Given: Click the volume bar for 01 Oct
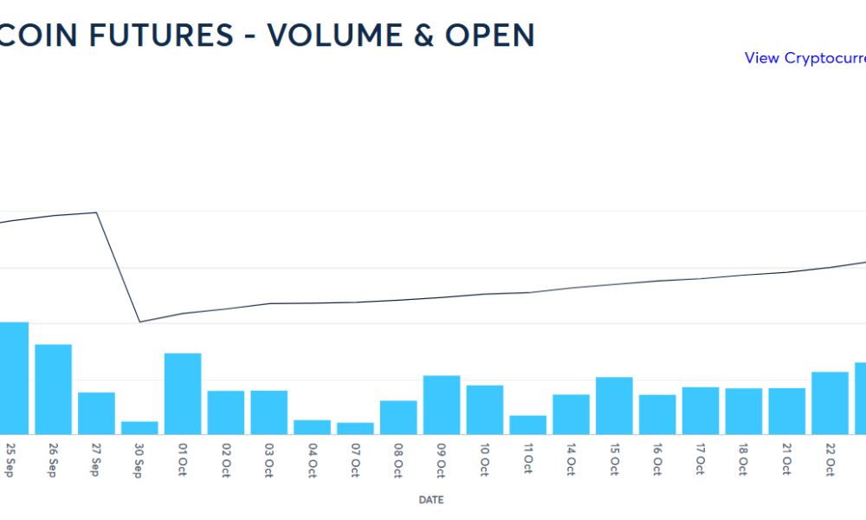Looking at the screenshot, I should click(183, 393).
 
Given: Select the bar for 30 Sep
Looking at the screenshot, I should click(139, 427).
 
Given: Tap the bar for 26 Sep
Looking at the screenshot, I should click(53, 388).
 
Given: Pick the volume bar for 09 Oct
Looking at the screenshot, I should click(442, 404).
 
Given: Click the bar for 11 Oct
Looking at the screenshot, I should click(528, 424).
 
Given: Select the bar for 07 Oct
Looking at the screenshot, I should click(355, 427).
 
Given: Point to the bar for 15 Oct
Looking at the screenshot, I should click(614, 405).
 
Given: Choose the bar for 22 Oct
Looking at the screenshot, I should click(830, 402).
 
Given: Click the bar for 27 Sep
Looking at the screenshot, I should click(96, 413).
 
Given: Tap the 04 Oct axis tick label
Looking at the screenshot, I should click(313, 460).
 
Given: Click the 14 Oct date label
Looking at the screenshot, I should click(571, 460).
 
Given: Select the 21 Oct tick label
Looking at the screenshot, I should click(786, 460).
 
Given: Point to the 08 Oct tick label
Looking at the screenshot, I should click(398, 460).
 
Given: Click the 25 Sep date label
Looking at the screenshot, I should click(10, 460).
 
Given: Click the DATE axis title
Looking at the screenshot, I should click(431, 500).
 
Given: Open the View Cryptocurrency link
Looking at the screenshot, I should click(805, 58).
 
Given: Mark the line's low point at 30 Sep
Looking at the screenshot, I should click(139, 322).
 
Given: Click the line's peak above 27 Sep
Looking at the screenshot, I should click(96, 212).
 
